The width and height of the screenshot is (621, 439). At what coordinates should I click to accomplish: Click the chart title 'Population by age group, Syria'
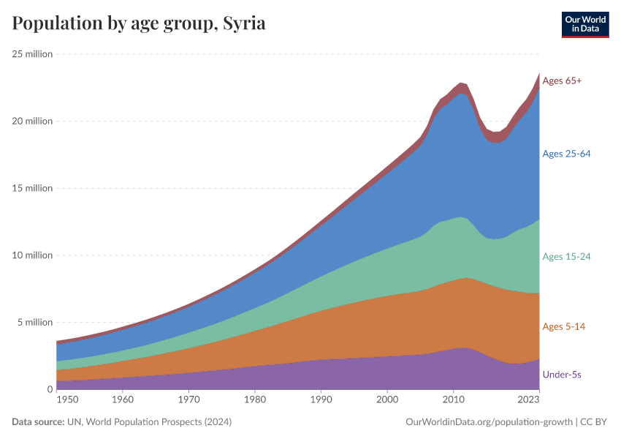pyautogui.click(x=139, y=23)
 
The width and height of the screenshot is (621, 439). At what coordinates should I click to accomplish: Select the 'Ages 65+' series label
pyautogui.click(x=562, y=80)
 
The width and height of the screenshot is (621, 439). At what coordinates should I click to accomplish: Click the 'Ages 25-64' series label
pyautogui.click(x=566, y=154)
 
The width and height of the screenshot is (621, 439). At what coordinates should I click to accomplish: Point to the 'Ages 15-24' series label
pyautogui.click(x=566, y=257)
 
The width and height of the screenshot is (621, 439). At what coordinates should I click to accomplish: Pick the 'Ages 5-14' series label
pyautogui.click(x=564, y=326)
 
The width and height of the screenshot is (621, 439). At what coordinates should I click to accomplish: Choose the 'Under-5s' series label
pyautogui.click(x=562, y=375)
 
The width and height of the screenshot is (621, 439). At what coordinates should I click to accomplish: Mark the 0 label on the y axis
pyautogui.click(x=49, y=389)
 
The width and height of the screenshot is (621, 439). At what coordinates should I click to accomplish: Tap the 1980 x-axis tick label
pyautogui.click(x=255, y=401)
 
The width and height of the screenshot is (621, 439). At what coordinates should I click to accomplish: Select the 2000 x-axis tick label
pyautogui.click(x=387, y=401)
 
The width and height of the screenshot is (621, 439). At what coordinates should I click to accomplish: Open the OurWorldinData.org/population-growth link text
pyautogui.click(x=487, y=422)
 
